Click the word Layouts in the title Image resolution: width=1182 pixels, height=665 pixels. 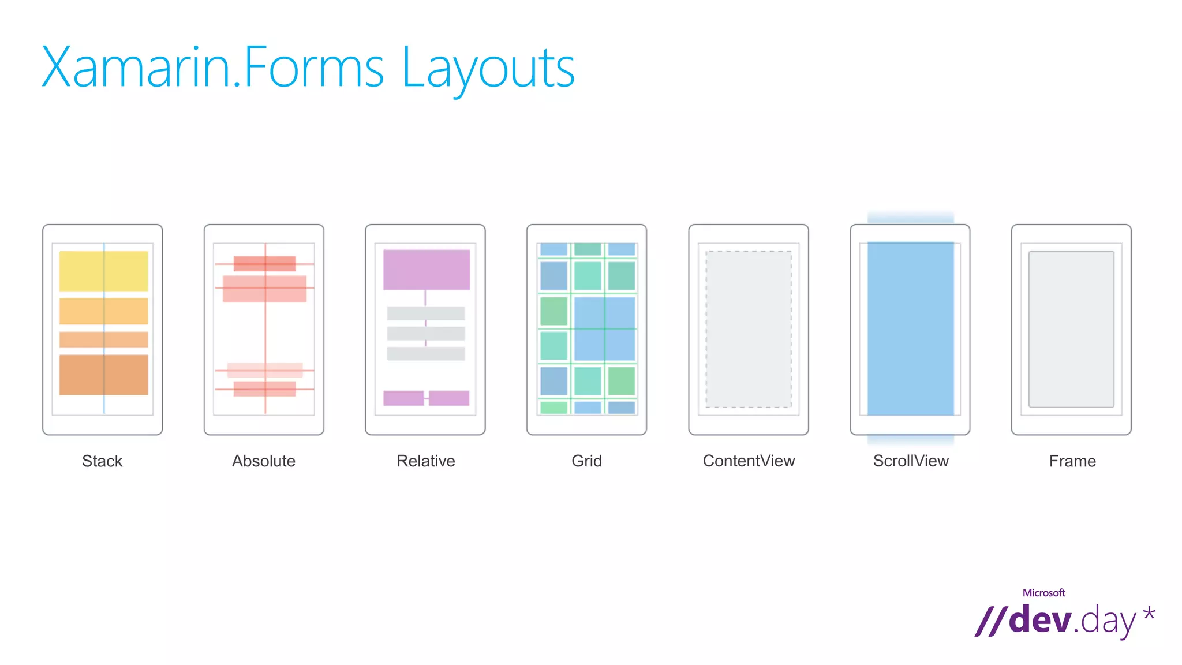click(x=488, y=68)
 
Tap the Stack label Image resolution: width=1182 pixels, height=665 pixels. click(x=102, y=461)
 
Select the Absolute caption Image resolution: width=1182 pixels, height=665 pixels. click(x=264, y=461)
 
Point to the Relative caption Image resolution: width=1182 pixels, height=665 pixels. click(x=425, y=461)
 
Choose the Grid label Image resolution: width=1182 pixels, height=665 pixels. click(x=586, y=461)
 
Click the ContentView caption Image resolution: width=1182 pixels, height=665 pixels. click(x=749, y=461)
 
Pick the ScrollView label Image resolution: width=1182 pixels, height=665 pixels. click(x=911, y=461)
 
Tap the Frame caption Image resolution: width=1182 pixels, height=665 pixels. click(x=1072, y=461)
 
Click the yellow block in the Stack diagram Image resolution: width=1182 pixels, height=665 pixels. click(x=103, y=271)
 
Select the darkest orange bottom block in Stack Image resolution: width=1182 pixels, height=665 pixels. click(x=103, y=375)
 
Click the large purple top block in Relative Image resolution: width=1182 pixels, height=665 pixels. click(x=427, y=270)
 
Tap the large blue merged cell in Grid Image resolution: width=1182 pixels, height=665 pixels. click(x=604, y=328)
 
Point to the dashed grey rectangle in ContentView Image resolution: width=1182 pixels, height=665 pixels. click(x=749, y=329)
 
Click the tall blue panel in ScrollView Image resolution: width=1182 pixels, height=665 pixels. click(x=911, y=328)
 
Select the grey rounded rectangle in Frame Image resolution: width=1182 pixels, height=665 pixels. click(x=1071, y=329)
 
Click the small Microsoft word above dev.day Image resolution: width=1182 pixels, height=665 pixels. click(x=1043, y=593)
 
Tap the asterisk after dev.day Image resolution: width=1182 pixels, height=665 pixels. click(x=1149, y=613)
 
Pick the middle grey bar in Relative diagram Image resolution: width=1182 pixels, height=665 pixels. click(x=426, y=334)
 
